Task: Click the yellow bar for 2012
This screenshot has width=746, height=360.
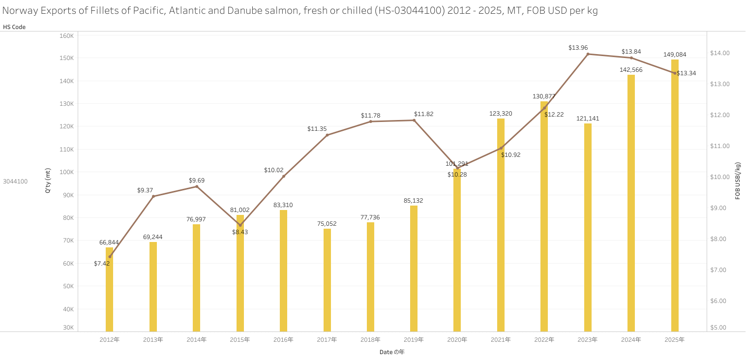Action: (x=110, y=290)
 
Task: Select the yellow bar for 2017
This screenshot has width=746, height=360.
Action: (x=327, y=280)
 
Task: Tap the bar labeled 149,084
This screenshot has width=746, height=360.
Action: (x=675, y=197)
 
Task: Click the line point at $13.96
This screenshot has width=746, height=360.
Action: (x=588, y=54)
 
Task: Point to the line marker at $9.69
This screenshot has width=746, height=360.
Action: (x=197, y=186)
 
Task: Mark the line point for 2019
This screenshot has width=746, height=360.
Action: (x=414, y=120)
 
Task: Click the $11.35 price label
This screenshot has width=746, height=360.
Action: (x=317, y=129)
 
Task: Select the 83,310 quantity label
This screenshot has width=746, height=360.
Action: (x=283, y=205)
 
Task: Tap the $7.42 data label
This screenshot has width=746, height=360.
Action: (x=102, y=264)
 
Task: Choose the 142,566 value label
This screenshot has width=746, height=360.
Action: (x=631, y=70)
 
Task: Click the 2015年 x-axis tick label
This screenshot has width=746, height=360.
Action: (x=240, y=340)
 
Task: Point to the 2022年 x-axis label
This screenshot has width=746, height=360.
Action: (x=544, y=340)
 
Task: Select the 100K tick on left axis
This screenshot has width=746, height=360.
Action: (x=66, y=172)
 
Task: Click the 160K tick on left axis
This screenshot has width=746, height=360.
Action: (x=66, y=36)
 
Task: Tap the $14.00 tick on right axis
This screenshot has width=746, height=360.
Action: (x=719, y=53)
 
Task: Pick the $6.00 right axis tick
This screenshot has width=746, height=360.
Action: (x=719, y=301)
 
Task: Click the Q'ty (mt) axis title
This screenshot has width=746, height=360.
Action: (x=48, y=180)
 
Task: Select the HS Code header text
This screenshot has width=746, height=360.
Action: (x=14, y=27)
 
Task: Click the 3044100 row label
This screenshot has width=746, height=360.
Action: (x=15, y=181)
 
